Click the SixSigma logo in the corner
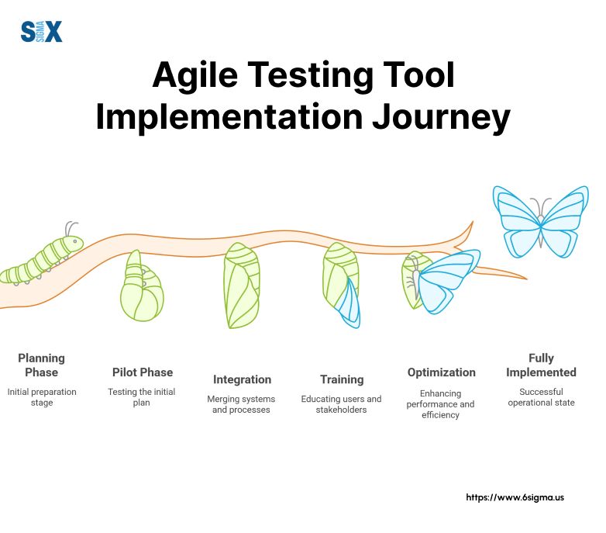pyautogui.click(x=41, y=32)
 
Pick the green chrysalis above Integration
pyautogui.click(x=241, y=285)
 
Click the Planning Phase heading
pyautogui.click(x=41, y=365)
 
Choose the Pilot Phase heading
pyautogui.click(x=142, y=372)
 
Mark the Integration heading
pyautogui.click(x=242, y=379)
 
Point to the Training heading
pyautogui.click(x=342, y=379)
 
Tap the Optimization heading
pyautogui.click(x=441, y=372)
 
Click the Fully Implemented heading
pyautogui.click(x=541, y=365)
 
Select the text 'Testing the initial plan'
pyautogui.click(x=142, y=397)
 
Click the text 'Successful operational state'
pyautogui.click(x=541, y=397)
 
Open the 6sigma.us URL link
pyautogui.click(x=515, y=497)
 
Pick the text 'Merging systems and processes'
pyautogui.click(x=242, y=404)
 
